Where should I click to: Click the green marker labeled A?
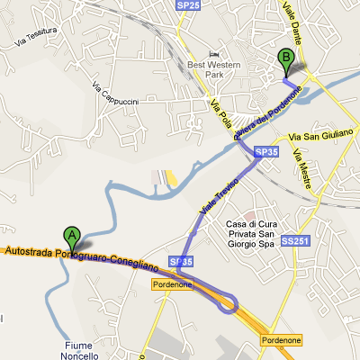72,237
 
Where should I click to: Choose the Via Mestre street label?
305,170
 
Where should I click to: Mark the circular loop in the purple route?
227,303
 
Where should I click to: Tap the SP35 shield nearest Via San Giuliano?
265,153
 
